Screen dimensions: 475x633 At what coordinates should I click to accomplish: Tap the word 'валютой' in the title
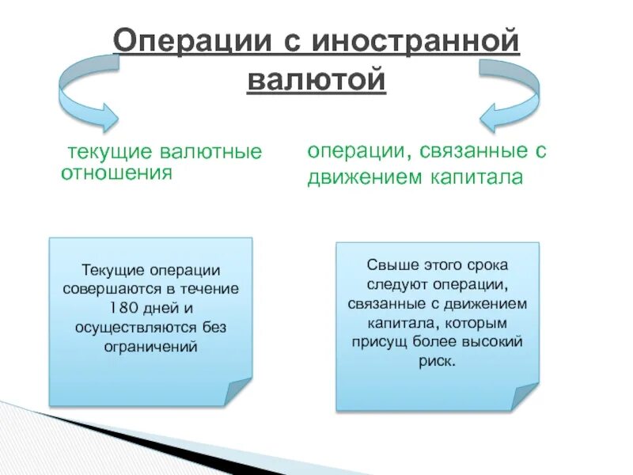[x=316, y=80]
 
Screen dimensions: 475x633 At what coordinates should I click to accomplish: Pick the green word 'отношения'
[x=116, y=173]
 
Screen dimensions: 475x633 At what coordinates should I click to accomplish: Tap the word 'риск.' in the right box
[x=437, y=360]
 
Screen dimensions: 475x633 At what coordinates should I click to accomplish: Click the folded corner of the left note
[x=237, y=391]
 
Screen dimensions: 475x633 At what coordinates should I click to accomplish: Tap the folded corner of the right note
[x=524, y=395]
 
